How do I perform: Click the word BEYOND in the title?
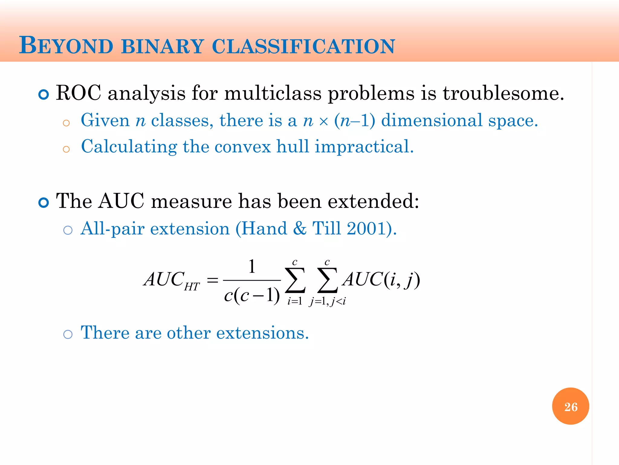click(x=66, y=46)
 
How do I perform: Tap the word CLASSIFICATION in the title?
click(x=303, y=46)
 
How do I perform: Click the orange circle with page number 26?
click(x=570, y=406)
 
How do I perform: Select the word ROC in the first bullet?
click(x=79, y=93)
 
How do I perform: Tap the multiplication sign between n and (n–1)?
click(x=323, y=122)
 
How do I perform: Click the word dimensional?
click(x=432, y=120)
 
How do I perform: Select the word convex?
click(x=242, y=147)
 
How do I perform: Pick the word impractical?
click(x=364, y=147)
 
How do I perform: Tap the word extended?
click(x=373, y=201)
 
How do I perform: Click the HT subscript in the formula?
click(x=192, y=287)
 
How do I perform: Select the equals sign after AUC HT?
click(x=212, y=280)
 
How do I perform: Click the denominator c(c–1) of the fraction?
click(x=252, y=295)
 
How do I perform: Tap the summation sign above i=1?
click(x=295, y=280)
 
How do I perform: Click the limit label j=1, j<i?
click(x=327, y=301)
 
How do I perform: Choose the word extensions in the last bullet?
click(x=262, y=333)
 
